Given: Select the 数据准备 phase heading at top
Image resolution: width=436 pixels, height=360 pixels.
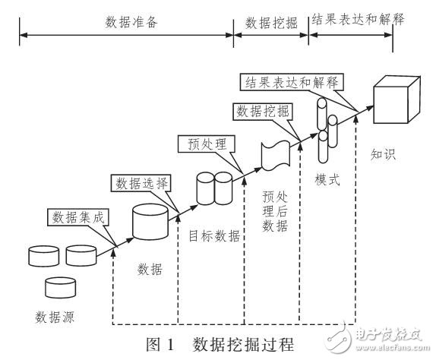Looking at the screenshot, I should [x=126, y=21].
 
